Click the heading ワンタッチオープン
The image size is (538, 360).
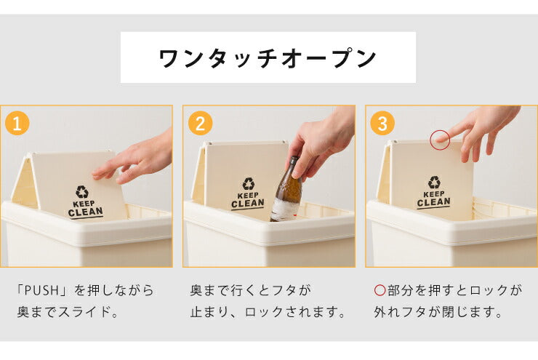pyautogui.click(x=268, y=57)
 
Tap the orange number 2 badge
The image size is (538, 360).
pyautogui.click(x=199, y=123)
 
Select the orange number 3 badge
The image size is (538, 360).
pyautogui.click(x=382, y=123)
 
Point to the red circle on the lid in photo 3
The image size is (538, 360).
pyautogui.click(x=439, y=140)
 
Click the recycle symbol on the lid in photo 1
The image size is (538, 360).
pyautogui.click(x=81, y=192)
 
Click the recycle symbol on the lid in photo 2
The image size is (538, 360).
pyautogui.click(x=248, y=185)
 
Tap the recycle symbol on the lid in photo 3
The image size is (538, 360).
pyautogui.click(x=434, y=183)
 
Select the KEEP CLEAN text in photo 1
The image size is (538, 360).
pyautogui.click(x=85, y=209)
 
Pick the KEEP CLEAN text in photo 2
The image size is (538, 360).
pyautogui.click(x=247, y=201)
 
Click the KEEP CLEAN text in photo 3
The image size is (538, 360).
pyautogui.click(x=433, y=199)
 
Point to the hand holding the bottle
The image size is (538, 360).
pyautogui.click(x=320, y=142)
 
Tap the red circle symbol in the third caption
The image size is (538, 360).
pyautogui.click(x=379, y=290)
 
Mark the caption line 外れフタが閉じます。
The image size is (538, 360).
pyautogui.click(x=441, y=313)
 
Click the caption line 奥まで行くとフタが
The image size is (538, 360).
pyautogui.click(x=249, y=290)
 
